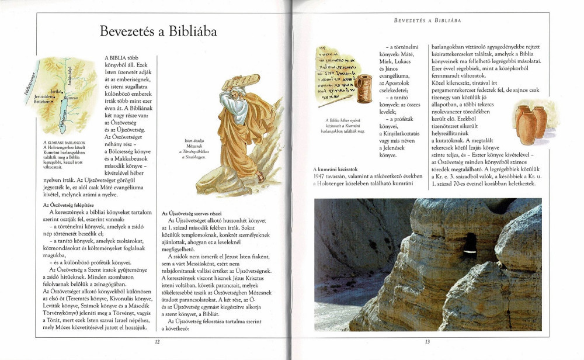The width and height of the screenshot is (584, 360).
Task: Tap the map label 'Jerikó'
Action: click(x=57, y=92)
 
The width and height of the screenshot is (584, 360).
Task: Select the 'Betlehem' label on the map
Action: click(x=44, y=101)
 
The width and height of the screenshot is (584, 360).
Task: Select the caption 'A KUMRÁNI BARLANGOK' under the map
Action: click(x=65, y=142)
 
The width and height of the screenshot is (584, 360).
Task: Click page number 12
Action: click(x=157, y=342)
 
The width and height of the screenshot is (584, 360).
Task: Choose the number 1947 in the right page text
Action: click(x=321, y=176)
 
